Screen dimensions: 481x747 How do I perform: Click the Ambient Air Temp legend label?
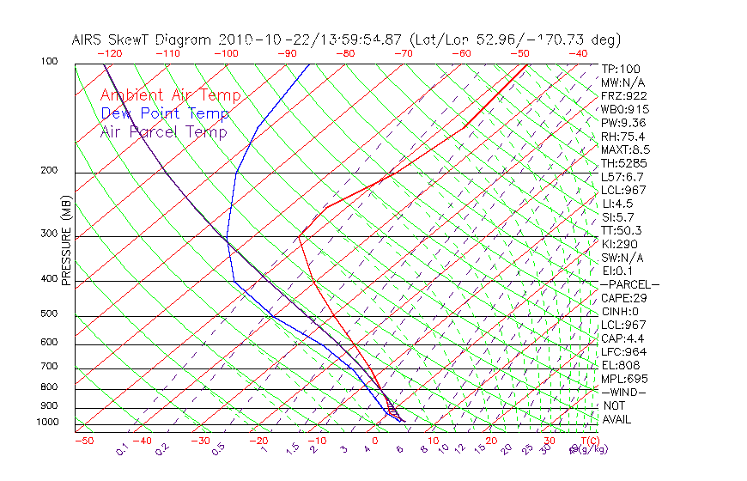[170, 95]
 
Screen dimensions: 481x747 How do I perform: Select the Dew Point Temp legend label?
[165, 113]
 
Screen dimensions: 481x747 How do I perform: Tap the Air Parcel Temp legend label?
[163, 131]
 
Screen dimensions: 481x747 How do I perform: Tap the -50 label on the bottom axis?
[84, 441]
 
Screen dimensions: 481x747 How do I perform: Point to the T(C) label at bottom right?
[583, 441]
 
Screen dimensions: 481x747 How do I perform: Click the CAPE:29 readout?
[624, 298]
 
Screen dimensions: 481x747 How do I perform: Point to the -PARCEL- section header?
[630, 284]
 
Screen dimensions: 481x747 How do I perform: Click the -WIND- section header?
[624, 392]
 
